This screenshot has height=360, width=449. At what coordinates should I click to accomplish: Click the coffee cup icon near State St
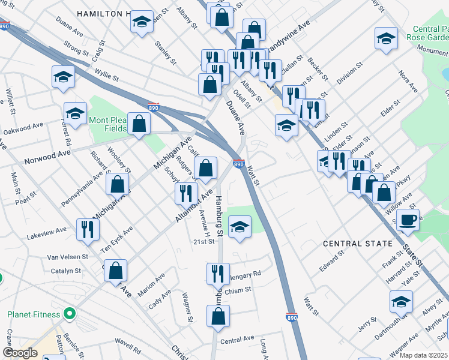(408, 220)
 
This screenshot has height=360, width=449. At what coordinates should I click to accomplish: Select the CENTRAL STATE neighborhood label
(358, 244)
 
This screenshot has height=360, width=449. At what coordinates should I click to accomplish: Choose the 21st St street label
(203, 241)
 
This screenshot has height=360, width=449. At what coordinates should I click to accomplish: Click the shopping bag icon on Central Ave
(219, 316)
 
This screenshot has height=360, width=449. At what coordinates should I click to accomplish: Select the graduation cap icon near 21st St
(240, 228)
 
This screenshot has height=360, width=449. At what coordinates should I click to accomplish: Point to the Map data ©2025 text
(423, 355)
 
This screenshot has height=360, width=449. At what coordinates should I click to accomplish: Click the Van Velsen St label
(68, 257)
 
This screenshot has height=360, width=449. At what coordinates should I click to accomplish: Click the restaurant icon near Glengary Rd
(218, 274)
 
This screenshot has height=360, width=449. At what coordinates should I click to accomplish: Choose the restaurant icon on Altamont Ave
(186, 193)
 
